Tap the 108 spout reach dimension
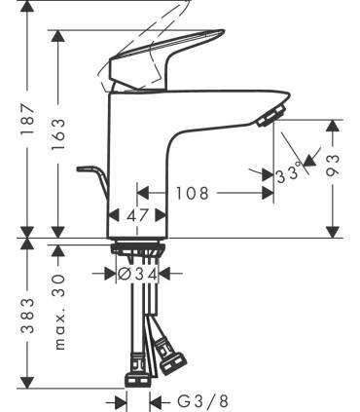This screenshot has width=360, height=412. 192,193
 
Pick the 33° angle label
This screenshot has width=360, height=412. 288,175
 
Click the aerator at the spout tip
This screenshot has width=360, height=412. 269,118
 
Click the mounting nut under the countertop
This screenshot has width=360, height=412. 135,247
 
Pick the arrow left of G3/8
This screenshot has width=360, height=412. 119,400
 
